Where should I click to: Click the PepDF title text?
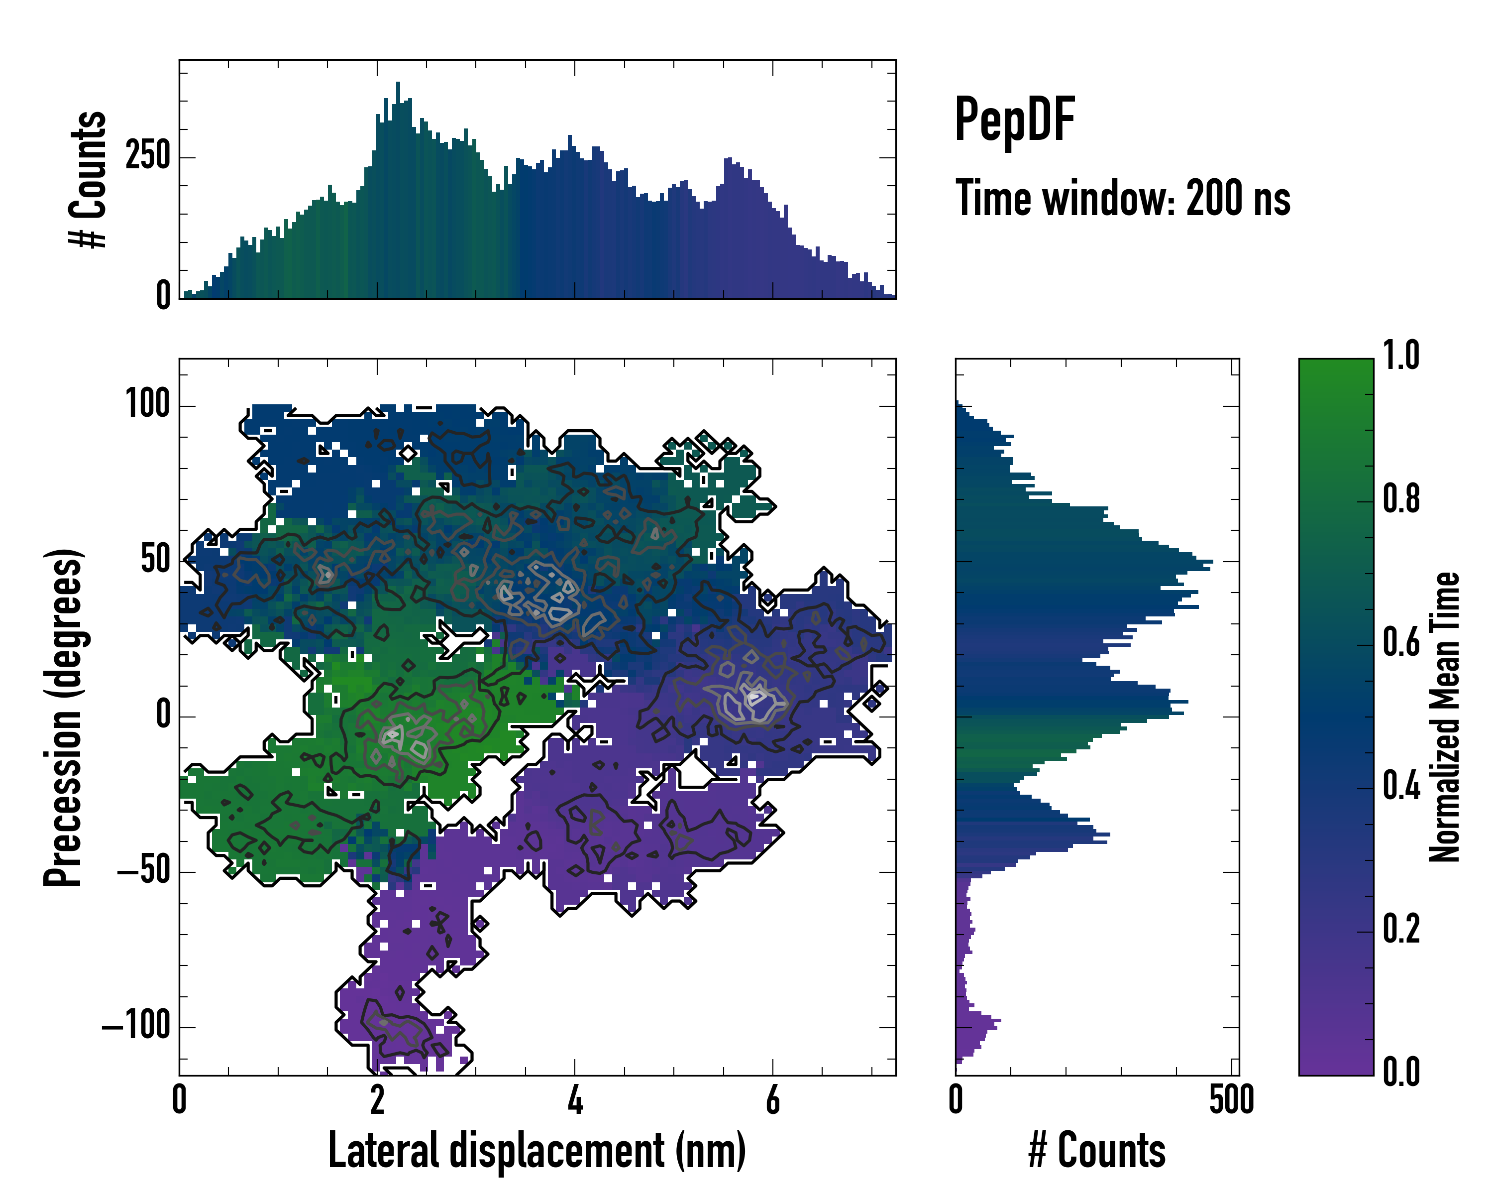1014,120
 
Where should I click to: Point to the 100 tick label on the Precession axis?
147,405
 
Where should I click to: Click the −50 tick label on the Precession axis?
143,871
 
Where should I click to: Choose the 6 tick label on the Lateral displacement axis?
773,1100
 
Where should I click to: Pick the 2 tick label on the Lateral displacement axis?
377,1100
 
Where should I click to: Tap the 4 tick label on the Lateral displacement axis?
575,1100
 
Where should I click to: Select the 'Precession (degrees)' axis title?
64,717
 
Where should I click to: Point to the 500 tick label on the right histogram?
1231,1100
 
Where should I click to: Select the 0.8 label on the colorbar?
1401,499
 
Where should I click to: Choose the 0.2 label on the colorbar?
1401,929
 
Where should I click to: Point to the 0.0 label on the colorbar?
1401,1072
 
